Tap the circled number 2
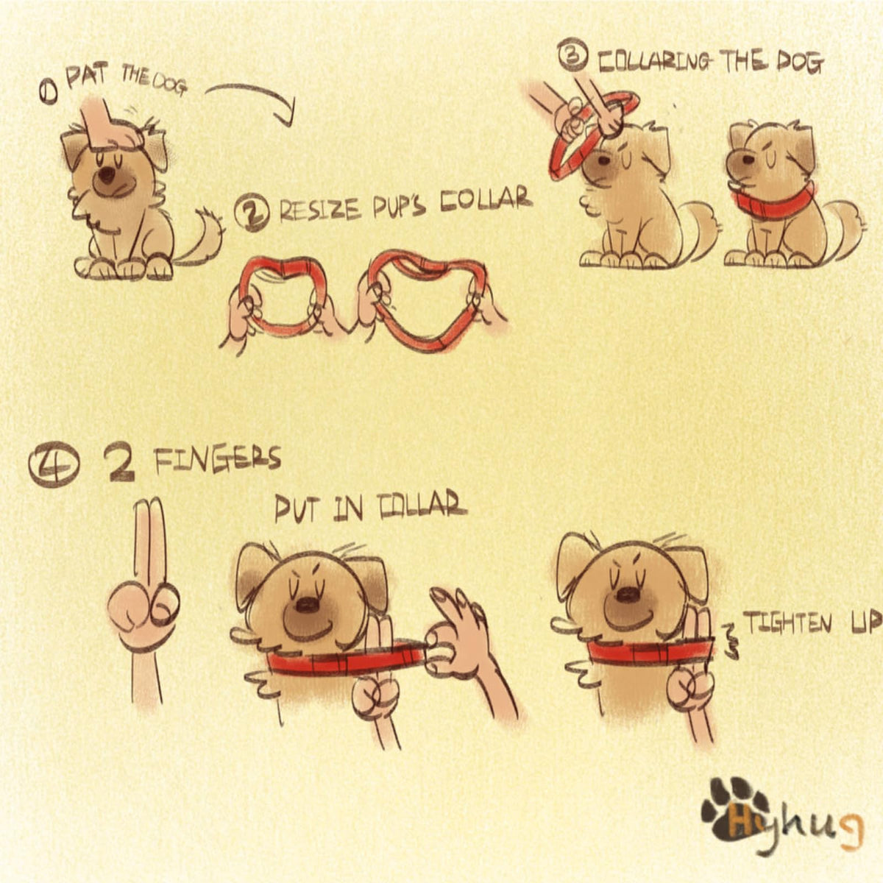pyautogui.click(x=252, y=213)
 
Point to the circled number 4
pyautogui.click(x=54, y=464)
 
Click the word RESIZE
pyautogui.click(x=319, y=211)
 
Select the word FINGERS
pyautogui.click(x=217, y=460)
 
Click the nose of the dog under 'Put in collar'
pyautogui.click(x=304, y=606)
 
